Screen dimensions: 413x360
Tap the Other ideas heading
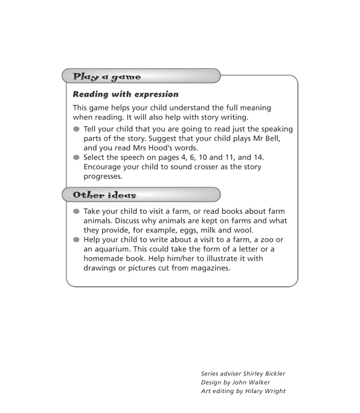pos(104,194)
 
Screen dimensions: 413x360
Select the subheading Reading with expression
pos(126,94)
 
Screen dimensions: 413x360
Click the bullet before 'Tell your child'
pos(76,129)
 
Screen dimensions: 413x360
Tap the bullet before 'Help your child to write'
pos(76,240)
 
